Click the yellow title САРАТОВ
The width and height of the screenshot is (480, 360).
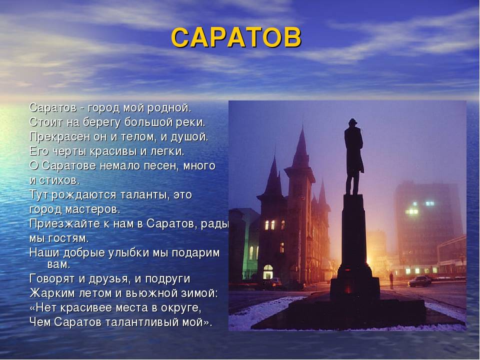pos(236,37)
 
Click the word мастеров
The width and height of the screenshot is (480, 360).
pos(92,209)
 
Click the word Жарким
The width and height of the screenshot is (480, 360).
pos(52,293)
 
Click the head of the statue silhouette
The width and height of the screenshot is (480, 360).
pos(352,123)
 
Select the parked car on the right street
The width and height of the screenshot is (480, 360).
pos(419,281)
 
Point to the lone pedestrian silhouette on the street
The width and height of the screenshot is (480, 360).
pos(391,280)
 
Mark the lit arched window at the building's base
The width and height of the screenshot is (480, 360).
pos(268,272)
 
